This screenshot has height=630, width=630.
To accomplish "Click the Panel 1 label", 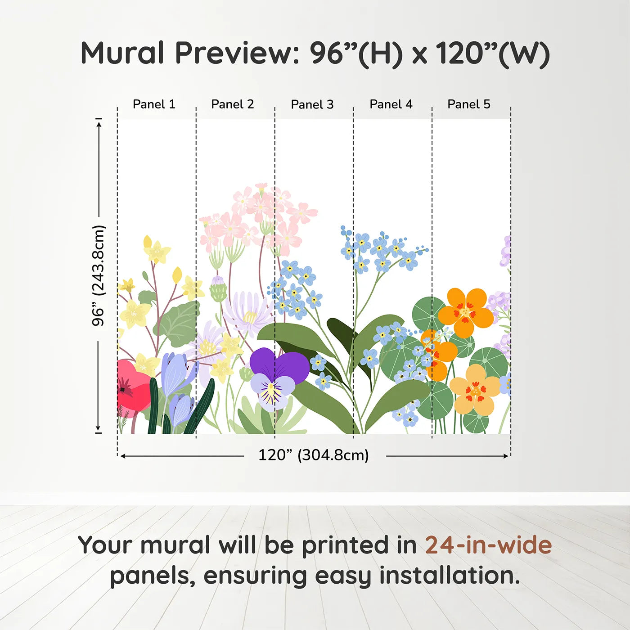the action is pyautogui.click(x=154, y=104).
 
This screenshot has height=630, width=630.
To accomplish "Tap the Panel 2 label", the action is pyautogui.click(x=233, y=104).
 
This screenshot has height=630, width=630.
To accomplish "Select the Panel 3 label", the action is pyautogui.click(x=312, y=104).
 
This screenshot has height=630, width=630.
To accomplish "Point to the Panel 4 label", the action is pyautogui.click(x=391, y=104).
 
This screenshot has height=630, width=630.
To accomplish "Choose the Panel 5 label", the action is pyautogui.click(x=469, y=104).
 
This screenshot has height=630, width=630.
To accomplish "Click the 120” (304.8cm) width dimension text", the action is pyautogui.click(x=314, y=455).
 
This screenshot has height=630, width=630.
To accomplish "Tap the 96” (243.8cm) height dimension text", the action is pyautogui.click(x=99, y=275).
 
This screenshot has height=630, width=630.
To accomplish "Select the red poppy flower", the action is pyautogui.click(x=133, y=385).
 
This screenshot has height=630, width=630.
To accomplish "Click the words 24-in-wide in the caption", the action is pyautogui.click(x=488, y=545).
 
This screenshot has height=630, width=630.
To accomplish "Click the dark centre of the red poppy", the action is pyautogui.click(x=122, y=389).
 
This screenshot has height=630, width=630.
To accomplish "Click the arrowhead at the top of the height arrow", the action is pyautogui.click(x=99, y=123).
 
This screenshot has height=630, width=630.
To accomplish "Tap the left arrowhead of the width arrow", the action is pyautogui.click(x=123, y=456).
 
